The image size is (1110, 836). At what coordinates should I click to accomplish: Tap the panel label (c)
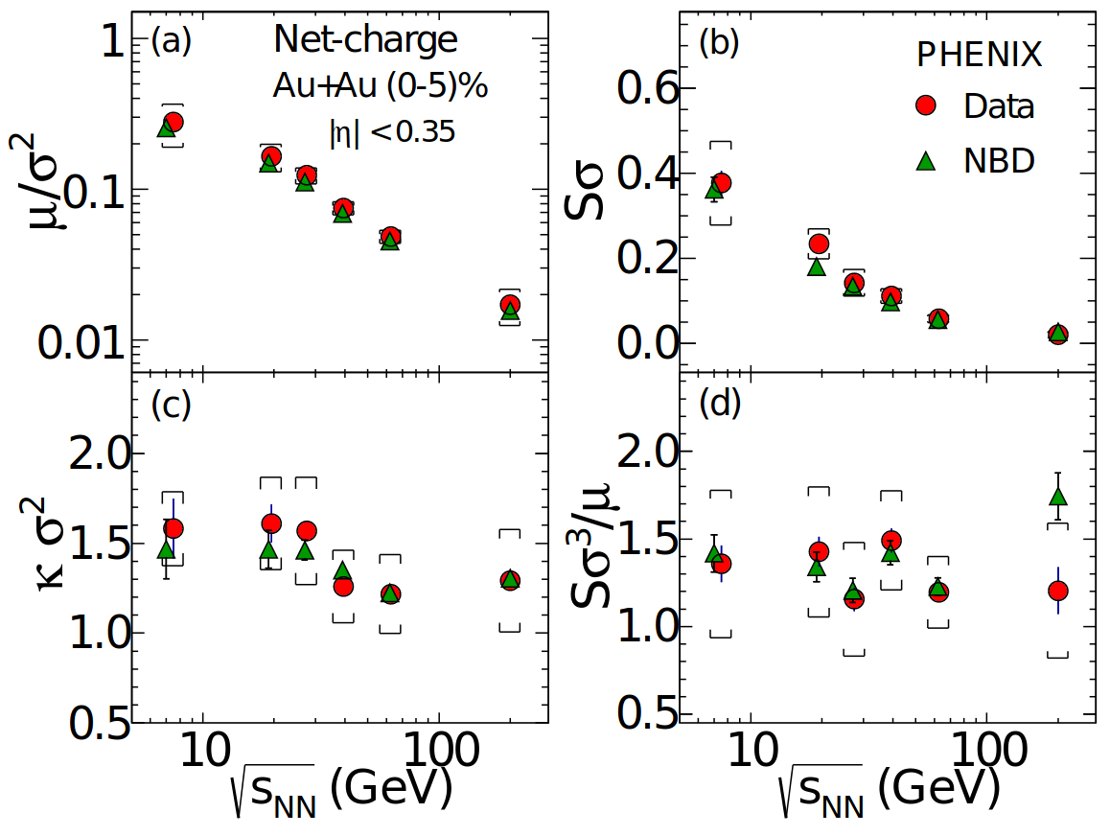click(x=172, y=405)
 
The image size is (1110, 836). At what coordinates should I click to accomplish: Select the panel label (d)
click(x=719, y=405)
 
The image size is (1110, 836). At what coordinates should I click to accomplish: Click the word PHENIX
click(x=979, y=56)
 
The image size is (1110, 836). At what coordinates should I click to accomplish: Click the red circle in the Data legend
click(x=926, y=105)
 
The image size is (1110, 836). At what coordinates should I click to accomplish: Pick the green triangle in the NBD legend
click(x=926, y=161)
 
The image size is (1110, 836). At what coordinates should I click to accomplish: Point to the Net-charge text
click(x=365, y=39)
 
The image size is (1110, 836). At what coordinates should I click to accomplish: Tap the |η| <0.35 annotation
click(x=392, y=132)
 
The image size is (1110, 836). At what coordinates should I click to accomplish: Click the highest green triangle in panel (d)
click(x=1058, y=496)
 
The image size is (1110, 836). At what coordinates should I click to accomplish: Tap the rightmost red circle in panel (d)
click(x=1058, y=591)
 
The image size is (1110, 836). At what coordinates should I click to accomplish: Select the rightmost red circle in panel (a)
click(x=510, y=305)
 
